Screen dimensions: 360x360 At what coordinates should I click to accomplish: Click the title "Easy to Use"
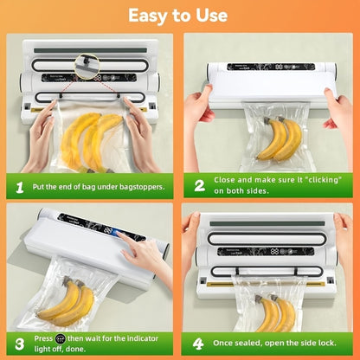pyautogui.click(x=179, y=16)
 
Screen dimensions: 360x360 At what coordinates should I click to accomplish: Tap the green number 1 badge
pyautogui.click(x=20, y=185)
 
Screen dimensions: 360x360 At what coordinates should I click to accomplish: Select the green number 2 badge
pyautogui.click(x=199, y=185)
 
